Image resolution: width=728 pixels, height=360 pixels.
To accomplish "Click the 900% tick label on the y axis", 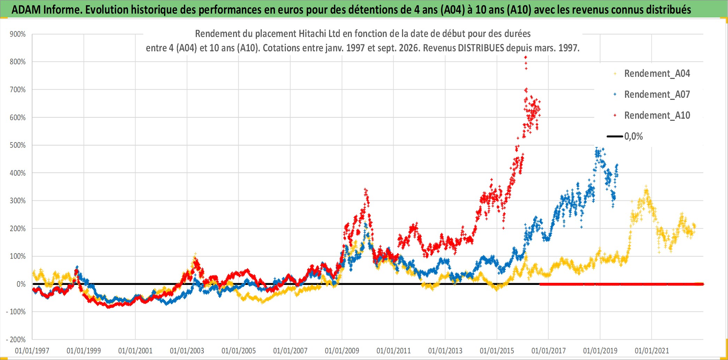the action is [17, 34].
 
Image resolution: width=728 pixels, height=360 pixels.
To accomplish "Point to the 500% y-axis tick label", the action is [17, 145].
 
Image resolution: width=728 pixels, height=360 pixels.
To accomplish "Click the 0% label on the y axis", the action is [21, 284].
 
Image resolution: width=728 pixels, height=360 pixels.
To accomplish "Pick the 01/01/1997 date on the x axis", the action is [32, 351].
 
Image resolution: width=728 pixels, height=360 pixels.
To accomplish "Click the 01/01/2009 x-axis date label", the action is [342, 351].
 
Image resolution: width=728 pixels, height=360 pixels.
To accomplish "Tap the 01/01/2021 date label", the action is [652, 351].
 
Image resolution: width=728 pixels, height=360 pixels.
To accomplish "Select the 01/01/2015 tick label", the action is [497, 351].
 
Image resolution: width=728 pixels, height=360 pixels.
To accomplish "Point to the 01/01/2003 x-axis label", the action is [187, 351].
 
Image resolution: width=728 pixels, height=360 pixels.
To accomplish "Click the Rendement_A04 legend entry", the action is [657, 74].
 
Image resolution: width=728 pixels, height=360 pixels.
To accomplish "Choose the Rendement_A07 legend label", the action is [657, 95].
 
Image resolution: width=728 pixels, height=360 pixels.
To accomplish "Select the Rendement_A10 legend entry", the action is [657, 116].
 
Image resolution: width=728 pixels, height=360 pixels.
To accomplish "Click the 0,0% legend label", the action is [633, 137].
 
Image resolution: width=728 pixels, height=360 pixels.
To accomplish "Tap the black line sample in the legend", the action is [615, 137].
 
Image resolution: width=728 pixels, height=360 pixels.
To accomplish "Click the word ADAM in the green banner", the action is [26, 10].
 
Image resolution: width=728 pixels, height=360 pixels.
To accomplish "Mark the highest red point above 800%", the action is [526, 57].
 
